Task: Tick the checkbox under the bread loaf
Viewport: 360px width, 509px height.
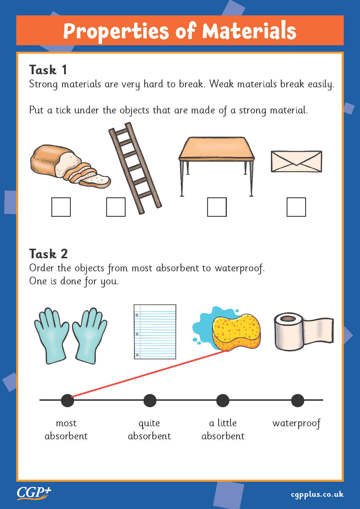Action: (x=61, y=207)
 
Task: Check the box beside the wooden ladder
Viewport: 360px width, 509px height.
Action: (x=116, y=207)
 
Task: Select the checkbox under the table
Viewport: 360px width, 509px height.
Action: (x=217, y=207)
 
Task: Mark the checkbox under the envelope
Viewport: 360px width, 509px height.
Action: (x=296, y=207)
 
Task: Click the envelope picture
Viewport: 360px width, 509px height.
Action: (x=296, y=161)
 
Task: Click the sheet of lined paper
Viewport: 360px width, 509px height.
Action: (x=155, y=332)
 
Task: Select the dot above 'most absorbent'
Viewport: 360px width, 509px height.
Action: (x=67, y=400)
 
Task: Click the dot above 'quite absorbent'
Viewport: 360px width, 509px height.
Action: (x=150, y=400)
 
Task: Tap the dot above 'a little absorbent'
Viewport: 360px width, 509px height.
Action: (x=222, y=400)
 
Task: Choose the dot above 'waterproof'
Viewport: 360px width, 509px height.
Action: (x=297, y=400)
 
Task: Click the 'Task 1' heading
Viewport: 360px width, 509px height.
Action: (x=48, y=70)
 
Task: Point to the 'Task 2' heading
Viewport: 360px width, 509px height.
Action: (x=48, y=254)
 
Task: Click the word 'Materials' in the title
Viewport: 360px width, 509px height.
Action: (x=249, y=31)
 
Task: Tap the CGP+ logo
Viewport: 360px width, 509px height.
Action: (x=34, y=493)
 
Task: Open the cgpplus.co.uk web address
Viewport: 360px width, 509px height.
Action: (x=317, y=494)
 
